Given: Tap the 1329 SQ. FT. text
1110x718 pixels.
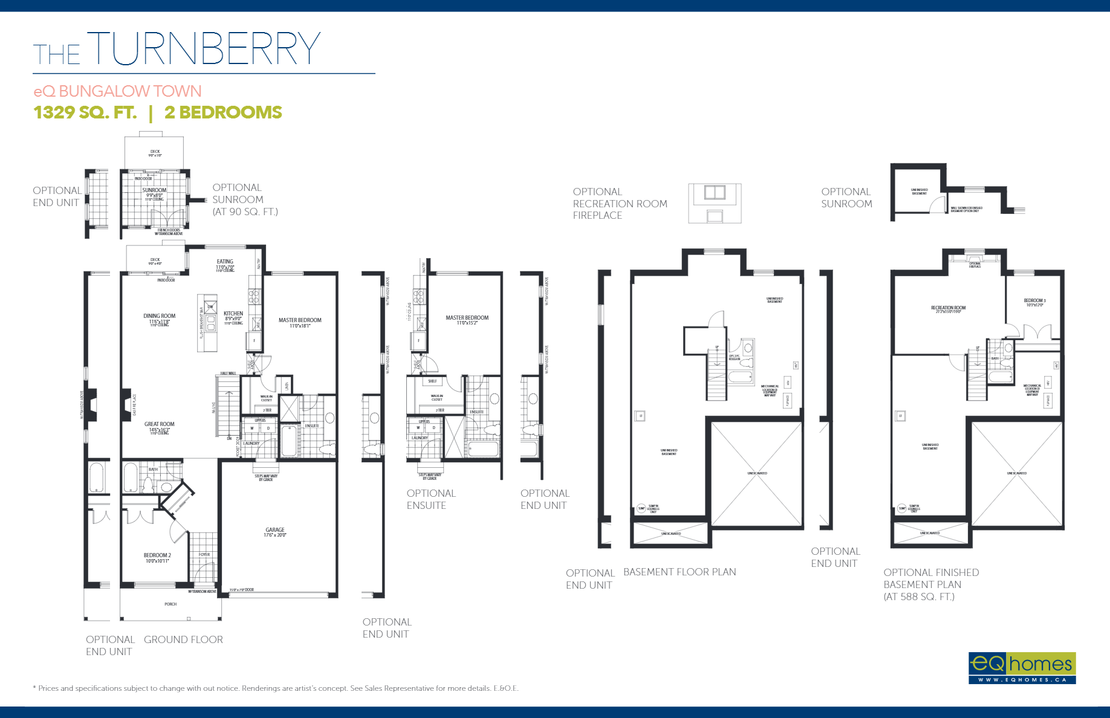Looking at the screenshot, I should (x=85, y=112).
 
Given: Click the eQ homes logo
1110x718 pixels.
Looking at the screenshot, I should (x=1021, y=667).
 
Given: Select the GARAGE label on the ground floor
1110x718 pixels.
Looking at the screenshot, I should (x=275, y=530).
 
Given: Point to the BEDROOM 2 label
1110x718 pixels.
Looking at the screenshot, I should (x=157, y=555).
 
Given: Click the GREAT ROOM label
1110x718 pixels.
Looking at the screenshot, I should (x=159, y=424).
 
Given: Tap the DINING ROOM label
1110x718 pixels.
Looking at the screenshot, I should (x=159, y=316).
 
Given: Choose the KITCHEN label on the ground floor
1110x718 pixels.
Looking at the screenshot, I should (x=233, y=314).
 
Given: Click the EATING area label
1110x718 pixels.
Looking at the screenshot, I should (x=225, y=262).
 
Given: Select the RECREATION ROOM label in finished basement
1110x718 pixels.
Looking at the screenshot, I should (x=948, y=308).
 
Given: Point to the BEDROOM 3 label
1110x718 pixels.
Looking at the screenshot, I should (x=1034, y=300).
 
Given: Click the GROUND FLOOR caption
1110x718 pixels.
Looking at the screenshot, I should (x=183, y=639).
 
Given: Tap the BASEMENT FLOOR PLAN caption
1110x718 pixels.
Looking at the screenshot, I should (x=680, y=572).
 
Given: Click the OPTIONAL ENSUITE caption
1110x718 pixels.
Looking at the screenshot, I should (x=430, y=499).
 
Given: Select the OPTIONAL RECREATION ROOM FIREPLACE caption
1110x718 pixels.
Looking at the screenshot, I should (x=620, y=204).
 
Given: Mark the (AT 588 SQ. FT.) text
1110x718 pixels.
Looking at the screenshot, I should (x=919, y=597).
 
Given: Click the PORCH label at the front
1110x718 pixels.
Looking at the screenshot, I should (x=170, y=604).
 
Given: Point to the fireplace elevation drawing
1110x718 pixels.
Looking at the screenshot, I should (x=715, y=204).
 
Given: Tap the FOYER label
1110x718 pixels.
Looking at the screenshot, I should (x=204, y=554).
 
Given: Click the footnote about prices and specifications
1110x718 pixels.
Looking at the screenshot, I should (x=276, y=688).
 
